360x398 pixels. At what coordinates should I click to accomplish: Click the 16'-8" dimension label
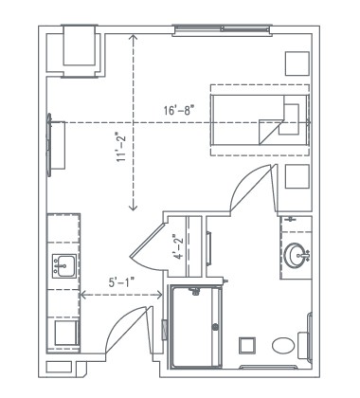[x=180, y=111]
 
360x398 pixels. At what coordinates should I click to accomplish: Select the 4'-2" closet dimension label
[x=177, y=247]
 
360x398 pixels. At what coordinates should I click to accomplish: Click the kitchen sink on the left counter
[x=64, y=264]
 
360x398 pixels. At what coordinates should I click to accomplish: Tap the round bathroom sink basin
[x=297, y=254]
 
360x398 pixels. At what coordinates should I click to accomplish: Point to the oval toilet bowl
[x=283, y=345]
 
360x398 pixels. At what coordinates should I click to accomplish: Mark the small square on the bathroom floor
[x=247, y=344]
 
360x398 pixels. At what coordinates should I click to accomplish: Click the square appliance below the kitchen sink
[x=64, y=332]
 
